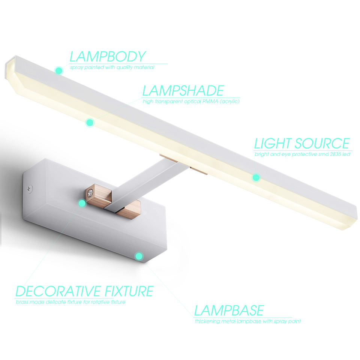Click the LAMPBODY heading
(x=107, y=56)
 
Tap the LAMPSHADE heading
(x=183, y=91)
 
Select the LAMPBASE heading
(x=229, y=310)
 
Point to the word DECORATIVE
(x=58, y=291)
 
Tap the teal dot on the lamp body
(x=58, y=70)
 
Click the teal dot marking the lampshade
(x=89, y=122)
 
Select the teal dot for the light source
(x=256, y=177)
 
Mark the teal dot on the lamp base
(x=139, y=256)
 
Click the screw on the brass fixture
(x=91, y=193)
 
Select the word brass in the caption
(x=22, y=302)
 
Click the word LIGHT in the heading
(x=273, y=144)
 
